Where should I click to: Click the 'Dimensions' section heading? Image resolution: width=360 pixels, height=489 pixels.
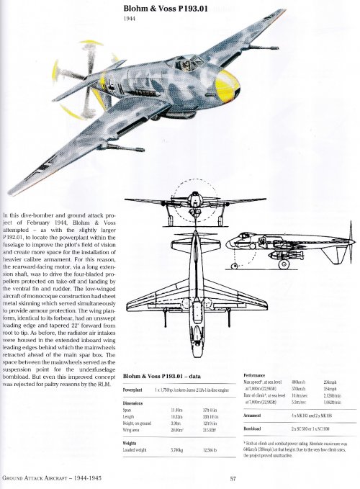pos(136,403)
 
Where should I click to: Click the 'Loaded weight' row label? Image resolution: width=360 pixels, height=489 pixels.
pos(137,451)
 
